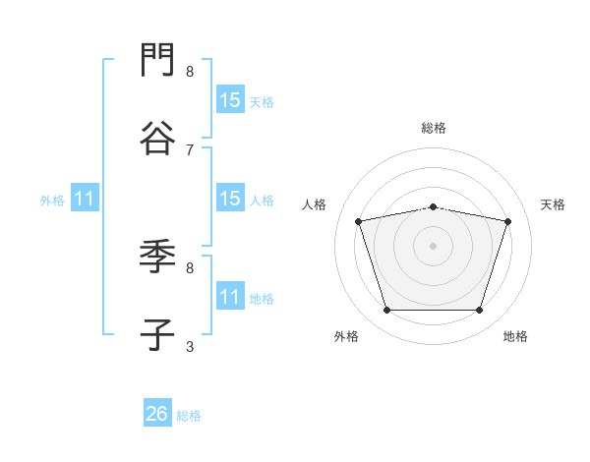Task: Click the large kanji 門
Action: tap(157, 59)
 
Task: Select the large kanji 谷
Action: tap(157, 138)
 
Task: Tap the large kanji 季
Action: tap(157, 257)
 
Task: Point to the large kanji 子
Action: tap(157, 334)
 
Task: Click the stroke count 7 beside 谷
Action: tap(190, 150)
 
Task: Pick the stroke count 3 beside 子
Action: tap(190, 347)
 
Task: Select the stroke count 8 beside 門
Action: tap(190, 72)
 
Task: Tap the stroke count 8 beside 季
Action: tap(190, 268)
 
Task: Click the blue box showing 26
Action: tap(157, 412)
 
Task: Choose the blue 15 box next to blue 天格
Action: tap(231, 99)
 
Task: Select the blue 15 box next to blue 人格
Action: tap(231, 198)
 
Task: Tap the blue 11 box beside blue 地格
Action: tap(231, 295)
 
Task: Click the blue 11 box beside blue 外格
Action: tap(85, 198)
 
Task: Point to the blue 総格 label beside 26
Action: tap(189, 416)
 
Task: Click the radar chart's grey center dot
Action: tap(433, 246)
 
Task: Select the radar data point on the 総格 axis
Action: tap(433, 207)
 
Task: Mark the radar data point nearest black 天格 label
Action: tap(507, 221)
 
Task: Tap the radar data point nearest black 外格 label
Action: tap(386, 310)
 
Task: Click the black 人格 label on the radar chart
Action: tap(314, 204)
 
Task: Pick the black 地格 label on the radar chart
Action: tap(515, 336)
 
